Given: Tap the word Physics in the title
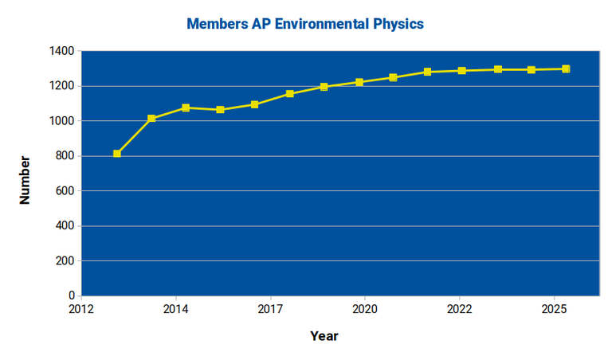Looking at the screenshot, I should [396, 24].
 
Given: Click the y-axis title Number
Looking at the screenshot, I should [25, 180].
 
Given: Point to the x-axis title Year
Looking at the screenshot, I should [324, 336].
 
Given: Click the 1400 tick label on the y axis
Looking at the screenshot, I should [61, 51].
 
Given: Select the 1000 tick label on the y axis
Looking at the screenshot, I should [61, 121].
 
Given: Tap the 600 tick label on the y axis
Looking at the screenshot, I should [65, 191].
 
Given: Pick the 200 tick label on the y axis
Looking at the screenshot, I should [65, 261].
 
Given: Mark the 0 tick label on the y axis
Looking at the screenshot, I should [71, 296].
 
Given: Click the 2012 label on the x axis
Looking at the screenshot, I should [81, 308].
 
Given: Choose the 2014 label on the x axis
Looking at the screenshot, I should [176, 308].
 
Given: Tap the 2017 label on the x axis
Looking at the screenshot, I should [271, 308].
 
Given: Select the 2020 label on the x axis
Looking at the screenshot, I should [365, 308].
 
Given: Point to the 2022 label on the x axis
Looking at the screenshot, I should [459, 308].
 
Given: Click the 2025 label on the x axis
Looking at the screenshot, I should [554, 308].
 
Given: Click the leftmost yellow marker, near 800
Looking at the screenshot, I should [117, 154].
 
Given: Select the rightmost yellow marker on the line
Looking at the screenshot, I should [566, 68].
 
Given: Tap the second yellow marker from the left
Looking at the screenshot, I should [151, 119].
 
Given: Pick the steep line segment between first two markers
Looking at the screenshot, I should [134, 136].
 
